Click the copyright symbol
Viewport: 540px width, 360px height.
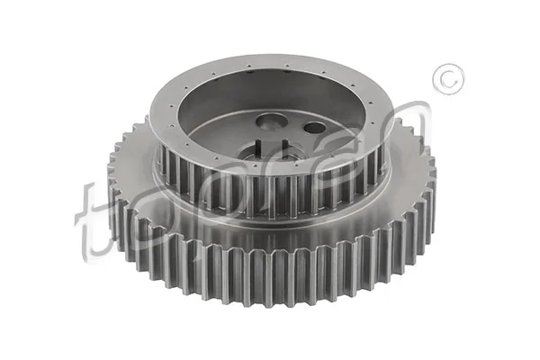pos(447,80)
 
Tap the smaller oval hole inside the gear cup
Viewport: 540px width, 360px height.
pos(314,127)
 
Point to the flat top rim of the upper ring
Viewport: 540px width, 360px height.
pos(270,70)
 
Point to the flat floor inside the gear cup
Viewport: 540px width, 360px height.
pos(333,144)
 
